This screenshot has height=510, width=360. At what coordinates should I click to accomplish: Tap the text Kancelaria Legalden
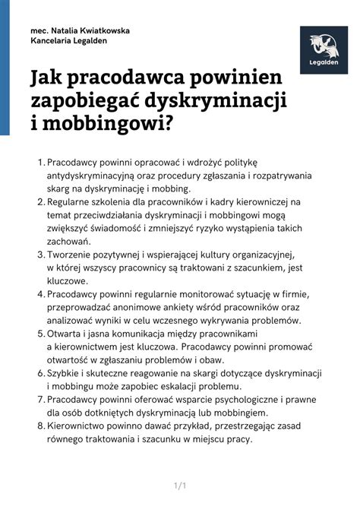click(x=68, y=41)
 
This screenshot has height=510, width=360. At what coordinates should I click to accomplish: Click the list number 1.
click(x=39, y=163)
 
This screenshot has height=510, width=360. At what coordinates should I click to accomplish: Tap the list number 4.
click(x=39, y=294)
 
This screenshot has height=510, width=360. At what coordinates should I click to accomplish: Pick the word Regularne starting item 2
click(x=74, y=202)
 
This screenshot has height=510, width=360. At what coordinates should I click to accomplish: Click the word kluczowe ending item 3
click(x=68, y=280)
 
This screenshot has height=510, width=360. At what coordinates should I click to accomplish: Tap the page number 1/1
click(x=180, y=485)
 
